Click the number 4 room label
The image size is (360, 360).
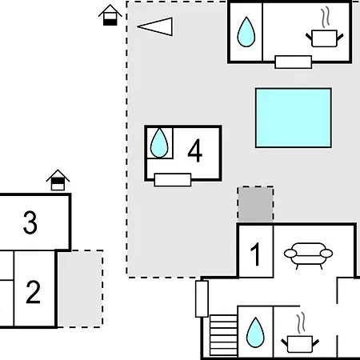click(195, 150)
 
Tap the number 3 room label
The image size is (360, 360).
click(30, 222)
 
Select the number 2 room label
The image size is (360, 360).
click(33, 292)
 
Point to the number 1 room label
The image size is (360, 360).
click(255, 254)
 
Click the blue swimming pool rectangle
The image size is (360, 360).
click(294, 118)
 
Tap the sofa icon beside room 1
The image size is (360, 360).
click(308, 255)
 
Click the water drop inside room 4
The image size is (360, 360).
click(159, 143)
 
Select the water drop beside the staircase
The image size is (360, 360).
click(255, 332)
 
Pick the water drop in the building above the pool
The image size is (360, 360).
click(246, 32)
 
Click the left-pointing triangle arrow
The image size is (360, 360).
click(155, 26)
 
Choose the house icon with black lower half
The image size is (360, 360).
click(110, 15)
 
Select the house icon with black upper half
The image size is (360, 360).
click(58, 180)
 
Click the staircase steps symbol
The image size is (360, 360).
click(223, 335)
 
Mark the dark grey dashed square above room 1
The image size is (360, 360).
click(255, 204)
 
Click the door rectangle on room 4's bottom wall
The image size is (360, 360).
click(173, 180)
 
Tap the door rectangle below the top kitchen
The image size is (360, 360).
click(294, 62)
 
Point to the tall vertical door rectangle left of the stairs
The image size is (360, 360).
click(202, 299)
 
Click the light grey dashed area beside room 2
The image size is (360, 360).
click(80, 289)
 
